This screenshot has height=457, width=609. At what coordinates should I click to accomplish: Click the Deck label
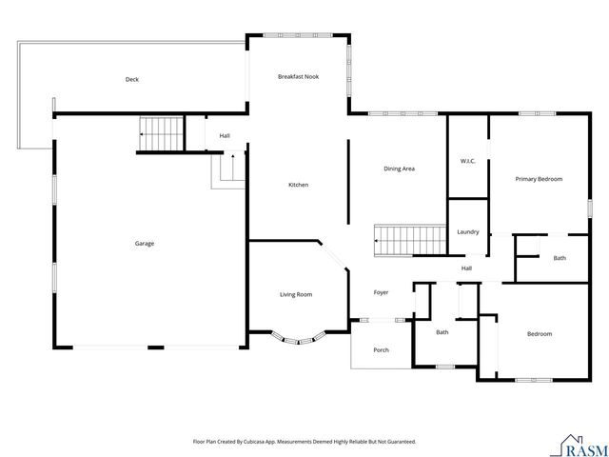pyautogui.click(x=132, y=80)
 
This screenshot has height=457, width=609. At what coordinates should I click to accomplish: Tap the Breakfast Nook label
pyautogui.click(x=298, y=76)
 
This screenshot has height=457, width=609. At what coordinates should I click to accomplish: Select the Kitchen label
pyautogui.click(x=298, y=185)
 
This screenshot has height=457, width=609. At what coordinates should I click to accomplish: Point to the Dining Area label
pyautogui.click(x=399, y=169)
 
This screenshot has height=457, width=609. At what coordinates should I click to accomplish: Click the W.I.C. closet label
pyautogui.click(x=467, y=161)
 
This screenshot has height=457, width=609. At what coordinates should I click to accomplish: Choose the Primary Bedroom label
pyautogui.click(x=539, y=179)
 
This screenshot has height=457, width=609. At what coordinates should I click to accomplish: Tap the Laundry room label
pyautogui.click(x=467, y=232)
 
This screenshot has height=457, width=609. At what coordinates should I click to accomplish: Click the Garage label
pyautogui.click(x=144, y=244)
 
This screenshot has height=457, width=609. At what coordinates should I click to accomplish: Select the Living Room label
pyautogui.click(x=296, y=294)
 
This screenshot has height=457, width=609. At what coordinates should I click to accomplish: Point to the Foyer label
pyautogui.click(x=381, y=292)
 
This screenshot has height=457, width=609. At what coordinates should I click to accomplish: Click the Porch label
pyautogui.click(x=381, y=349)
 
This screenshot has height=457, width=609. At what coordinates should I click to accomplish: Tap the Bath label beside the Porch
pyautogui.click(x=442, y=332)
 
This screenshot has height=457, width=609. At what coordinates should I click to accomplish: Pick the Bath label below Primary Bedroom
pyautogui.click(x=560, y=258)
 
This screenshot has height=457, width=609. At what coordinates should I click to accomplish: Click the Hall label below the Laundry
pyautogui.click(x=466, y=268)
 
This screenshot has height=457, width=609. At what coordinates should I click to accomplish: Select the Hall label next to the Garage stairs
pyautogui.click(x=225, y=136)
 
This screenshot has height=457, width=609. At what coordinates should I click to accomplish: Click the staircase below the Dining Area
pyautogui.click(x=410, y=240)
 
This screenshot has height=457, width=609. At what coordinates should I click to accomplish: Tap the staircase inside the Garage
pyautogui.click(x=161, y=133)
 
